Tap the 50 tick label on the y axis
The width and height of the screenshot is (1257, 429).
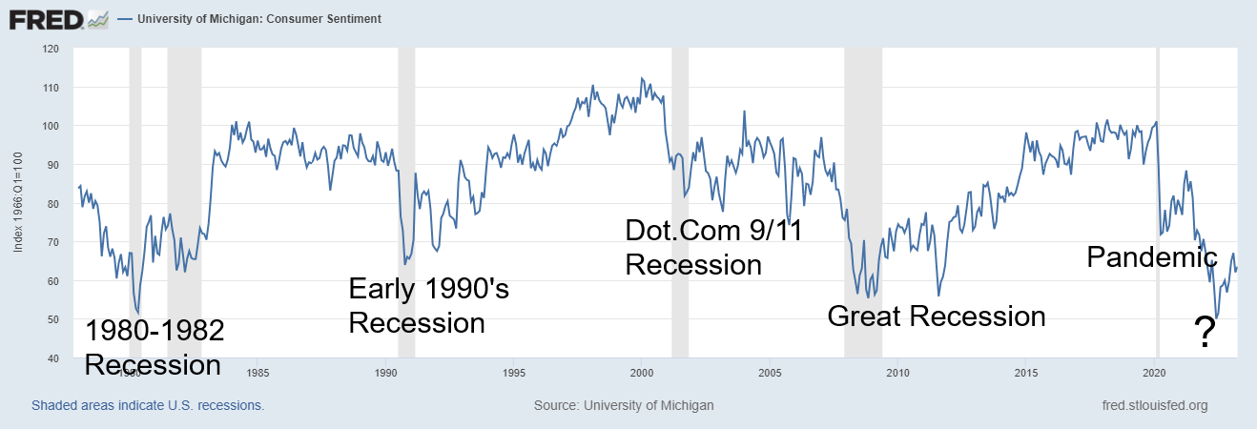pos(52,319)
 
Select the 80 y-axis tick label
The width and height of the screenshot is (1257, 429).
pos(52,203)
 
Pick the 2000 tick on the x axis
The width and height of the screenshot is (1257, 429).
pos(641,372)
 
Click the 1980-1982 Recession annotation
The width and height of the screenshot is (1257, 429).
pos(155,348)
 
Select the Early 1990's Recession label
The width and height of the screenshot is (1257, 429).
pos(429,305)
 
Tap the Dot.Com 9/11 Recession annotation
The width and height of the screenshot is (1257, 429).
pos(713,246)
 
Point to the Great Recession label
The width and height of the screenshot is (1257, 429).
pos(936,316)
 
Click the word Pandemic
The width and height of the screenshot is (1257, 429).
pos(1152,255)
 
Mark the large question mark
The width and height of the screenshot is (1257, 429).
pos(1205,333)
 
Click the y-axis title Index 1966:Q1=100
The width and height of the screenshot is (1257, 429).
pos(19,202)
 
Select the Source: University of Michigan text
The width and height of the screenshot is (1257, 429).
pos(624,405)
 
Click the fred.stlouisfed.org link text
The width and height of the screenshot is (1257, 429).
pos(1154,405)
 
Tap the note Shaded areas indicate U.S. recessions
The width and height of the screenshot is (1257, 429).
pos(148,405)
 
